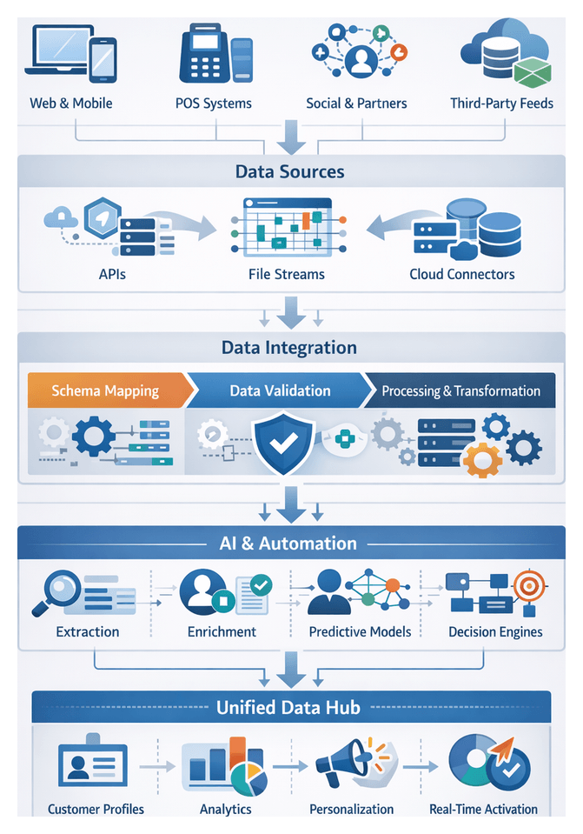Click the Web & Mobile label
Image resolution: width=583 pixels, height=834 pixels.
[x=71, y=103]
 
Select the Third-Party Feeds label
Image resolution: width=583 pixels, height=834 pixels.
[x=501, y=103]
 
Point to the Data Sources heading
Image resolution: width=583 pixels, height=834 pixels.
[x=290, y=171]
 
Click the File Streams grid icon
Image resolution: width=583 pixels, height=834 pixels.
[x=286, y=228]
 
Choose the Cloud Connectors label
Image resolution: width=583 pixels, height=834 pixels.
[x=462, y=274]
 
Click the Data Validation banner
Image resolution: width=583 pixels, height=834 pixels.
[x=280, y=390]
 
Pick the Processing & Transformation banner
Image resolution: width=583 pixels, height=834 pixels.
[x=460, y=390]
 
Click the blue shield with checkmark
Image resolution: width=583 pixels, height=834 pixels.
[x=284, y=441]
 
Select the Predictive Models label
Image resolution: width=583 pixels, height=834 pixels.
[x=360, y=631]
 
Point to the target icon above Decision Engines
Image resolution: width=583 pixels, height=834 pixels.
[x=528, y=585]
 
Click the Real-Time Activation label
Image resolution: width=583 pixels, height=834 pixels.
[x=483, y=809]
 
